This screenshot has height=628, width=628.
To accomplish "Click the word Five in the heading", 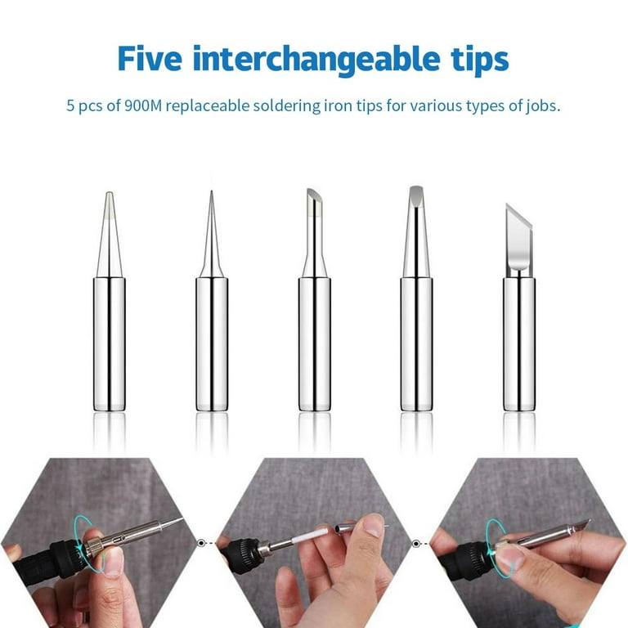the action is pos(150,59).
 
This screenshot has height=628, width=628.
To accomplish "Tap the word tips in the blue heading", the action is pos(480,61).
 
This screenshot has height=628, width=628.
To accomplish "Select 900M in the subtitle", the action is pos(143,105).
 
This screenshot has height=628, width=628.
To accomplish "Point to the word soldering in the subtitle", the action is pos(286,106).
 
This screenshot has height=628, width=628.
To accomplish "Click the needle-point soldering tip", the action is pos(212,300).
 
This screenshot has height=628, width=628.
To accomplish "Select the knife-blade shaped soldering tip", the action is pos(519,307).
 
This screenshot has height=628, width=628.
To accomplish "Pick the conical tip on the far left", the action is pos(110,301).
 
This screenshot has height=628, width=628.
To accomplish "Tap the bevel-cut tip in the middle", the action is pos(314,299).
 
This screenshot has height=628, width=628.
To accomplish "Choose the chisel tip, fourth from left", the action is pos(416,298).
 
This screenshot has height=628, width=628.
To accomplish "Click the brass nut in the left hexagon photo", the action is pos(93,546).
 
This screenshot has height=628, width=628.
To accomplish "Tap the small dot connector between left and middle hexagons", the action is pos(201,543).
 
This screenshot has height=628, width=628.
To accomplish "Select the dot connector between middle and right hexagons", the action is pos(416,544).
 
